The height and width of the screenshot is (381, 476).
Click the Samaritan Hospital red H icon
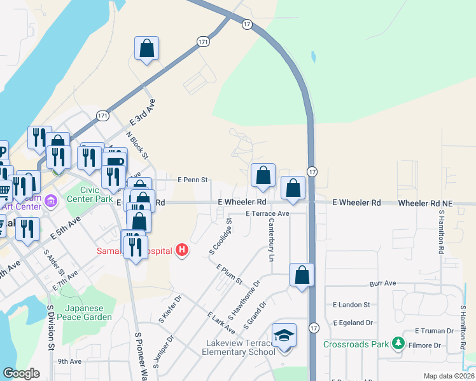coord(183,250)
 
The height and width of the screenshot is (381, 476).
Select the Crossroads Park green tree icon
coord(399,344)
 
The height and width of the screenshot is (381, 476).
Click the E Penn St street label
coord(193,180)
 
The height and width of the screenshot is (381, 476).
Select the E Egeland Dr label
coord(352,323)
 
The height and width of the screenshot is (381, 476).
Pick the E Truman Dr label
coord(436,331)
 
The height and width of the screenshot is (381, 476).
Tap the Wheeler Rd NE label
coord(426,203)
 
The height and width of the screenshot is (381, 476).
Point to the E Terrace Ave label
coord(268,214)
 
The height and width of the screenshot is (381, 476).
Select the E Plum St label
coord(230,274)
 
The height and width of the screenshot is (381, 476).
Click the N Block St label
coord(137,145)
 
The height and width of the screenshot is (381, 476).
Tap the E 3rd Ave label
coord(143,111)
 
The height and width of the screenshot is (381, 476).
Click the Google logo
coord(21,373)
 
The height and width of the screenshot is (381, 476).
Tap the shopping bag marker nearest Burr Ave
coord(302,275)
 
